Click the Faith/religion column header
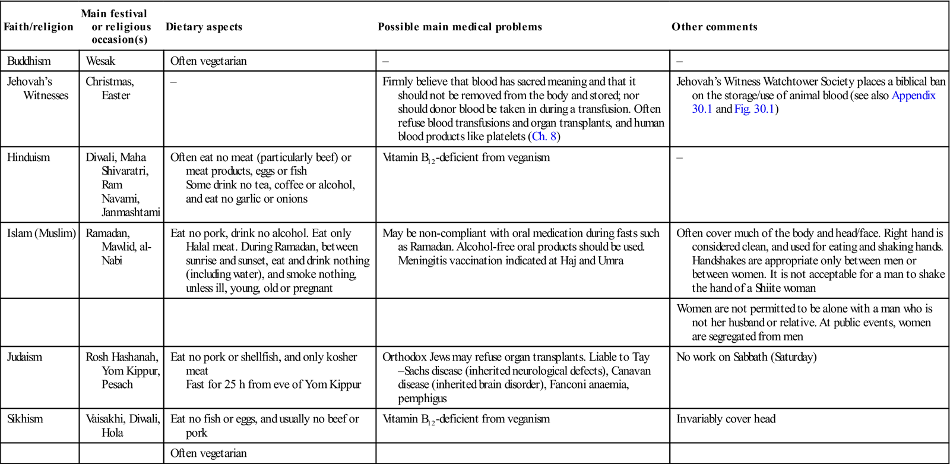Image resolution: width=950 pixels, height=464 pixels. (39, 27)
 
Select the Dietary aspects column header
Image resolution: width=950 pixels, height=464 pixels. (204, 27)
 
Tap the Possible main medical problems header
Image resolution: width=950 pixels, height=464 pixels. (460, 27)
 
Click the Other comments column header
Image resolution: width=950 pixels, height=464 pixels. (714, 27)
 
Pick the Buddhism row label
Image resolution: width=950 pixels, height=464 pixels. (28, 61)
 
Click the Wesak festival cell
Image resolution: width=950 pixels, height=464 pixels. (100, 61)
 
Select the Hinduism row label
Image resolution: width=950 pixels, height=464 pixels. (28, 157)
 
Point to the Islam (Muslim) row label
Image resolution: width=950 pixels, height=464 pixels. (42, 233)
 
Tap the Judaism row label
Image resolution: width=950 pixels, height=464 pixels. (25, 357)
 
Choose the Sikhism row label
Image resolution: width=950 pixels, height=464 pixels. (25, 419)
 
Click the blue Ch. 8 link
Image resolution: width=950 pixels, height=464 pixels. (544, 137)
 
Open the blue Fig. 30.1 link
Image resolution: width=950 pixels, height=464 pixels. (755, 109)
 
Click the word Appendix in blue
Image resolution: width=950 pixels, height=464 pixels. (913, 96)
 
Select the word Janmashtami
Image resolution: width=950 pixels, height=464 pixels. (131, 212)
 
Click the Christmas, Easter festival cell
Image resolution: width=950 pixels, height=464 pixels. (110, 89)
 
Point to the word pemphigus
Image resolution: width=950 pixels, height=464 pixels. (422, 398)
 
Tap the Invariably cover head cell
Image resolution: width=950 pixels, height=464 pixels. (726, 419)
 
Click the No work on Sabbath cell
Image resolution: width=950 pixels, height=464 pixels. (746, 357)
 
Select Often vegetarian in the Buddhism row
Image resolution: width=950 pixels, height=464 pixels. (208, 61)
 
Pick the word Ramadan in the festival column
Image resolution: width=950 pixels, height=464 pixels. (107, 233)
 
